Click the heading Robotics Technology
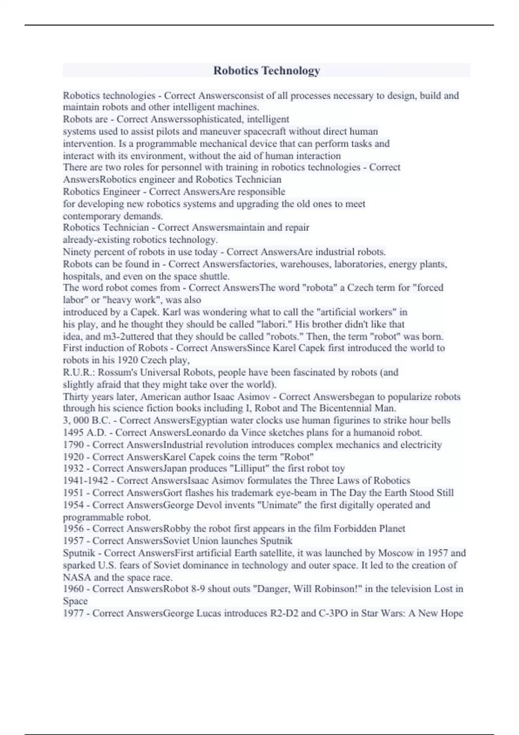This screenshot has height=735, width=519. [266, 70]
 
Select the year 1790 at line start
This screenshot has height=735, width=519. [73, 444]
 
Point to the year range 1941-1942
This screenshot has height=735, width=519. [87, 480]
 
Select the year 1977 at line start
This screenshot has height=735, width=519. [73, 613]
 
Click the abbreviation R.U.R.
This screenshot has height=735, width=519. [79, 372]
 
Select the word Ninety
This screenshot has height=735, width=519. [77, 252]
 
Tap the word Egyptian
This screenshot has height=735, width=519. [209, 420]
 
